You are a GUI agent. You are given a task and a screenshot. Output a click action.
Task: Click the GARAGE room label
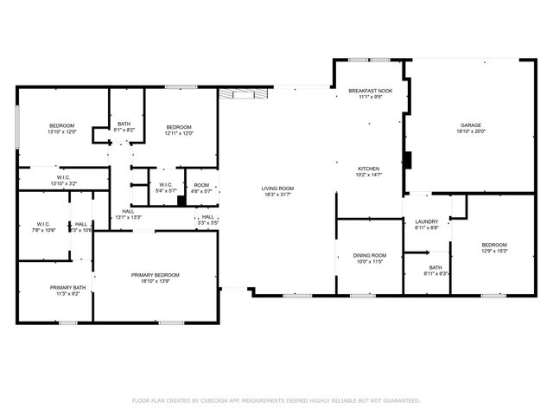coord(470,124)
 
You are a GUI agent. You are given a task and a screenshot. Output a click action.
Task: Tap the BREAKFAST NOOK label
coord(370,91)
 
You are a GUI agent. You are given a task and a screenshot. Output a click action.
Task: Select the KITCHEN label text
coord(370,168)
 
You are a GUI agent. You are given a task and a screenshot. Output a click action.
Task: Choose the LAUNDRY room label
coord(427,221)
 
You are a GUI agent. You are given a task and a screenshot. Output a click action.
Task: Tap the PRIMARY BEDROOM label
coord(156,275)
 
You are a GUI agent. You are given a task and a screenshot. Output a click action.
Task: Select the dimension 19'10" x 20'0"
coord(471,131)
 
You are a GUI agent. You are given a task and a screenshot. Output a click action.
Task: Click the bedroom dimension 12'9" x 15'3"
coord(493,252)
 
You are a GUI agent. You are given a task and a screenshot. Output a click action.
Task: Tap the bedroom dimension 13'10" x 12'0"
coord(62,132)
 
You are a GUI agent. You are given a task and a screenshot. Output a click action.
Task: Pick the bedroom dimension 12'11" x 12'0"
coord(178,132)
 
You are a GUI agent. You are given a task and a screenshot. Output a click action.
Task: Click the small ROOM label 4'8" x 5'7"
coord(201,185)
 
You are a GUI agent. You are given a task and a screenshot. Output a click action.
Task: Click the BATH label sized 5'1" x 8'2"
coord(124,124)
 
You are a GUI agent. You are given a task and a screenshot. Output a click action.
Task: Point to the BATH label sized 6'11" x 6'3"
coord(434,268)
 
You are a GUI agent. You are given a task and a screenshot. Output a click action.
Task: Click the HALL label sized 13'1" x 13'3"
coord(127,212)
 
